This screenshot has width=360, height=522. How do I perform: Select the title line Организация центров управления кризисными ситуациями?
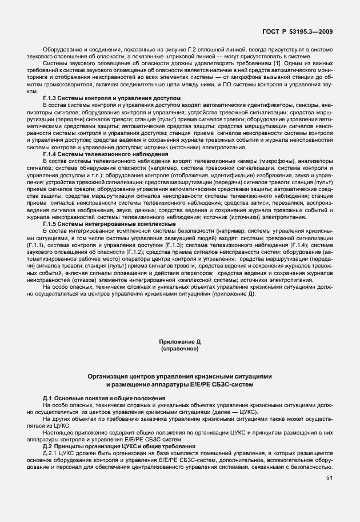click(x=179, y=376)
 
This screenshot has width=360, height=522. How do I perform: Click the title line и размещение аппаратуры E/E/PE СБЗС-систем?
click(x=179, y=384)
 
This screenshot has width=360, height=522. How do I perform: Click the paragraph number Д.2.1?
click(x=51, y=453)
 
